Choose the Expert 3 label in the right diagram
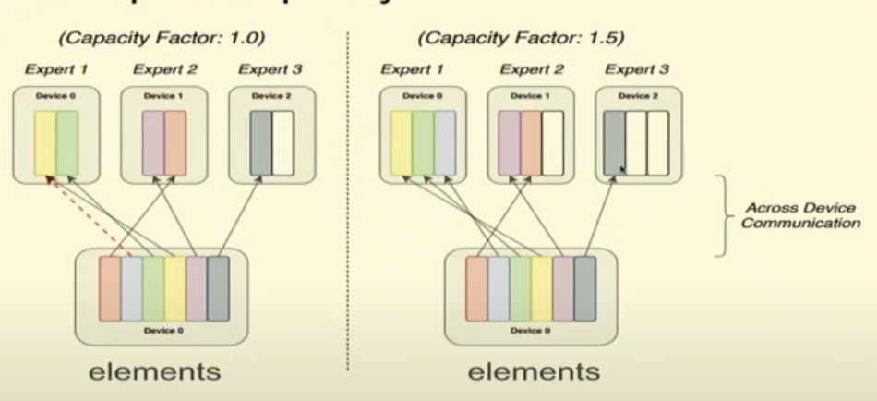[x=637, y=69]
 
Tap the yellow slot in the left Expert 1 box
[x=46, y=142]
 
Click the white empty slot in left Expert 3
[x=283, y=142]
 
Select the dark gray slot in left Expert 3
[x=260, y=142]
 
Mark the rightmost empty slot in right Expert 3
[x=657, y=142]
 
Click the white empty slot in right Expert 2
[x=552, y=142]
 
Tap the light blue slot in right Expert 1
[x=446, y=142]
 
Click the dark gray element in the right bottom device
[x=585, y=287]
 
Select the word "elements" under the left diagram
[x=154, y=371]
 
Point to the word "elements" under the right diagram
[x=534, y=371]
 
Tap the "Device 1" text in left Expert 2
[x=163, y=96]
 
